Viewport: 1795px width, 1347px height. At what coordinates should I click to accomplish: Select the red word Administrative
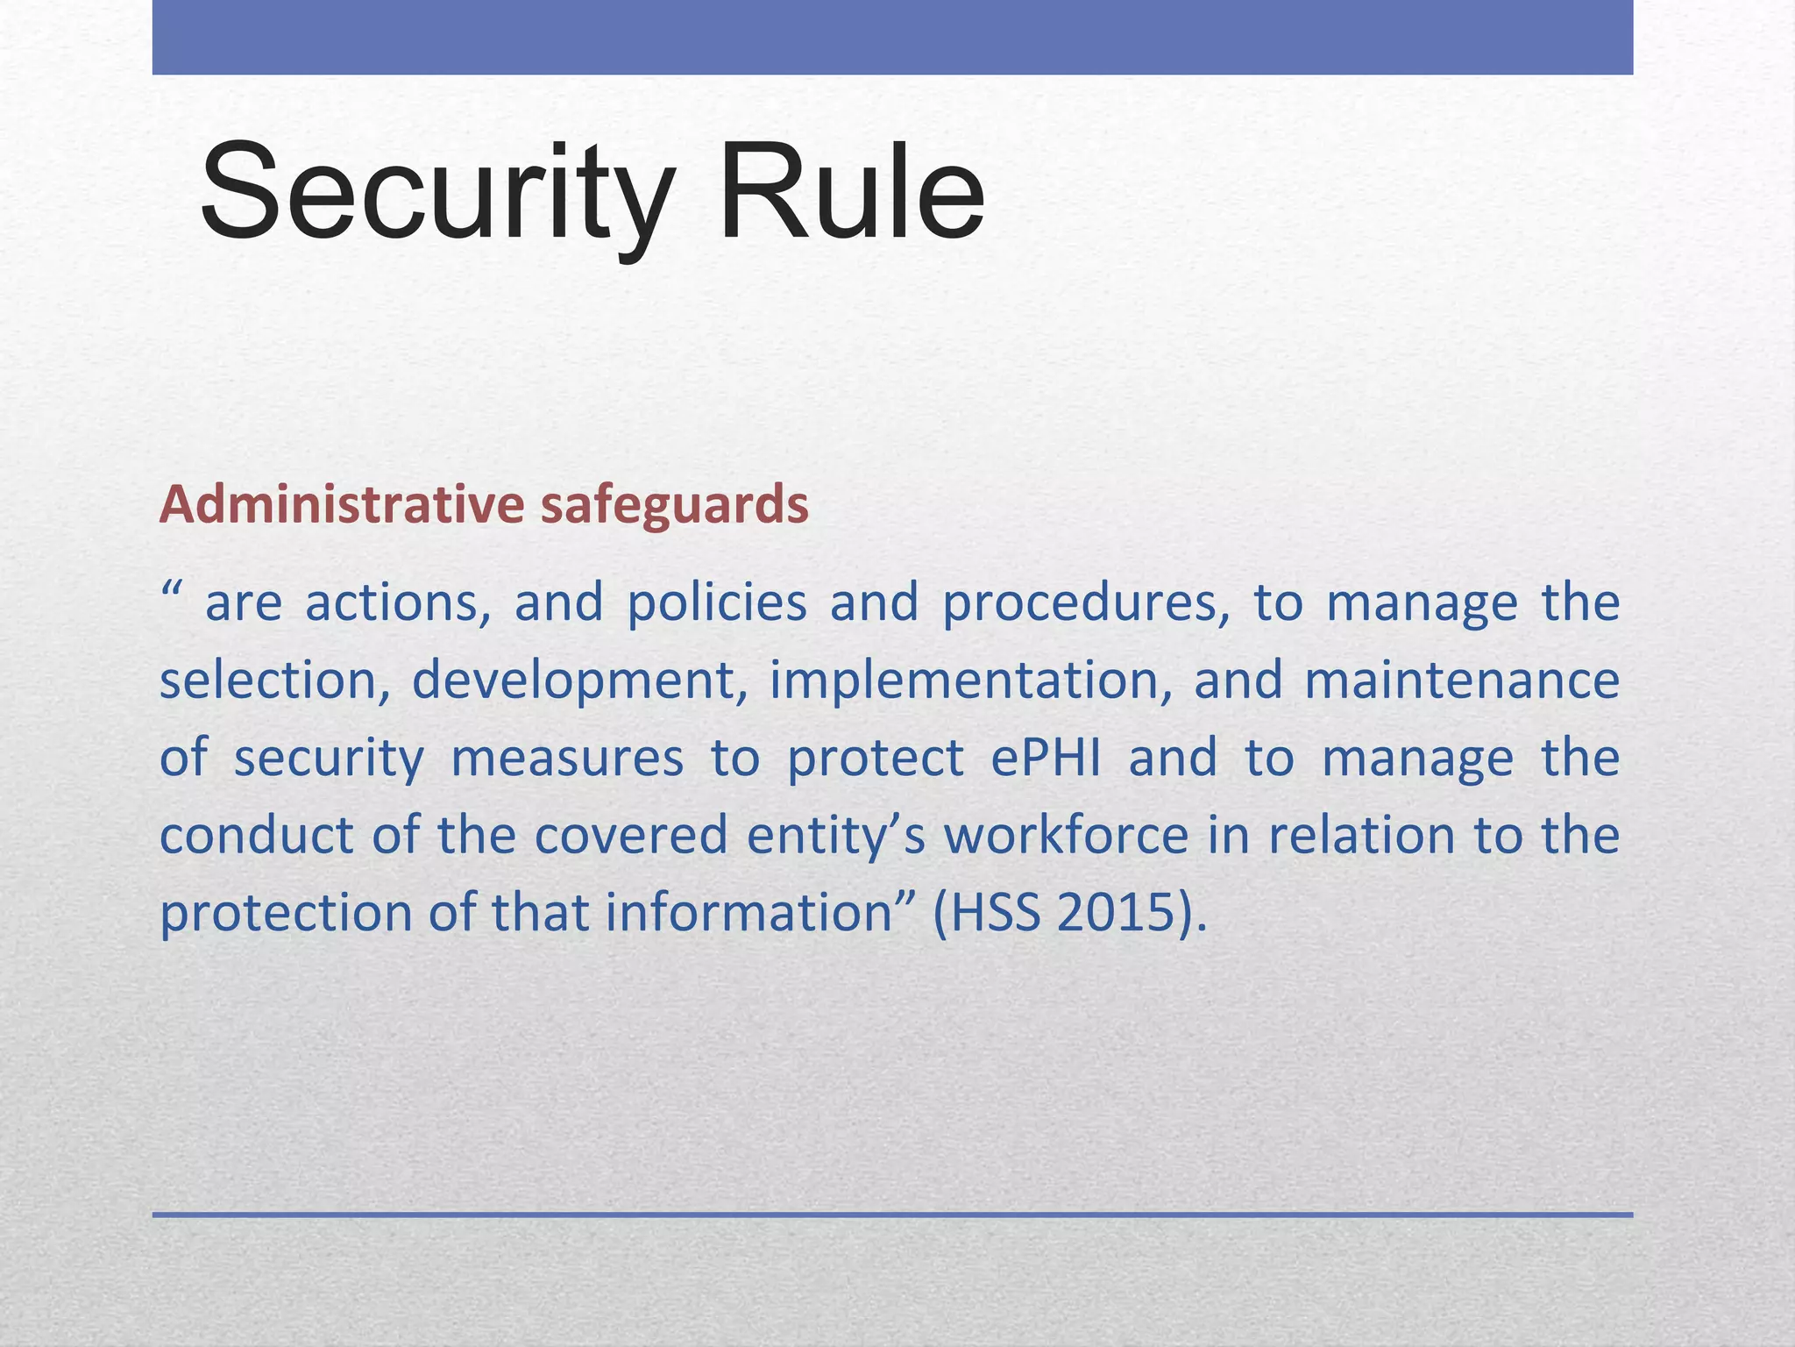point(342,506)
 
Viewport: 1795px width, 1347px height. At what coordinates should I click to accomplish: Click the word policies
point(717,603)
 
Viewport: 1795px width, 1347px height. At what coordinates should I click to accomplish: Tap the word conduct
point(256,835)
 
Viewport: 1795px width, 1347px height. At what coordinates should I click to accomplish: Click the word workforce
point(1065,835)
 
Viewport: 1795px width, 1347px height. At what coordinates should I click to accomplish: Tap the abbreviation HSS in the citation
point(995,912)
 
